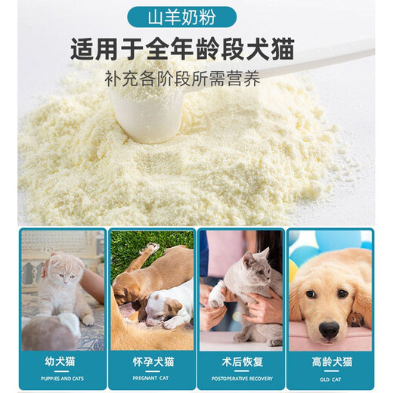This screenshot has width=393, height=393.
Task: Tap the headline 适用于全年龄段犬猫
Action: click(x=196, y=50)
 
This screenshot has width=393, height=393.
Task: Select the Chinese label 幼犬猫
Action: click(x=62, y=361)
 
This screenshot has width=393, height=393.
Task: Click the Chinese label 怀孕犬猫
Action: click(x=151, y=361)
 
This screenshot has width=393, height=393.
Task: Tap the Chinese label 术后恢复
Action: click(x=240, y=361)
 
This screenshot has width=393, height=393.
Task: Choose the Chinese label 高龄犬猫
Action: click(x=330, y=361)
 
